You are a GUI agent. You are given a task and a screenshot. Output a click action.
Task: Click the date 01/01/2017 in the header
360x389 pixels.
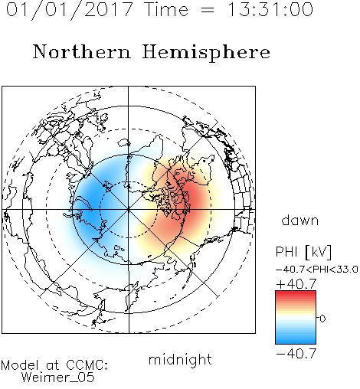point(70,9)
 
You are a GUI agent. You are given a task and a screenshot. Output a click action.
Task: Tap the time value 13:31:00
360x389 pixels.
point(270,9)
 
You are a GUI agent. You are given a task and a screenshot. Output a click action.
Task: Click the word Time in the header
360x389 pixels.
point(166,9)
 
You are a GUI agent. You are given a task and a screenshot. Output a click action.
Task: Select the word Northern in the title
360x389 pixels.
point(82,52)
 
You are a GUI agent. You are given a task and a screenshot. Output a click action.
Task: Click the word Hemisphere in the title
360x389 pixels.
point(206,53)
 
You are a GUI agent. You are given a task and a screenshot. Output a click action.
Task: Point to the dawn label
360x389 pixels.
point(300,221)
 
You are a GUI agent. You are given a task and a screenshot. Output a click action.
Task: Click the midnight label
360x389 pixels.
point(180,360)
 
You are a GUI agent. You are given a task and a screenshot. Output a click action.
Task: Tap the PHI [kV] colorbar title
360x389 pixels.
point(303,252)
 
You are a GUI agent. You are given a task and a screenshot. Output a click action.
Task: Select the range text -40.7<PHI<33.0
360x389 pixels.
point(317,270)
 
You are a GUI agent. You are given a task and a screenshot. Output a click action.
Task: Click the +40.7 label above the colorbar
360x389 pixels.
point(296,284)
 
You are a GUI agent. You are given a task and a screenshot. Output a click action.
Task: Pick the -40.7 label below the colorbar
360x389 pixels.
point(296,354)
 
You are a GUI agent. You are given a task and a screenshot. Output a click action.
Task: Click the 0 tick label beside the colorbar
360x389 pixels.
point(322,319)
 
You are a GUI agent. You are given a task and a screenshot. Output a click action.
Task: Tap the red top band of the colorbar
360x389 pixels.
point(296,294)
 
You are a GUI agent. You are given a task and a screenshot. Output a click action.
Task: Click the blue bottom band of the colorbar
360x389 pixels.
point(296,340)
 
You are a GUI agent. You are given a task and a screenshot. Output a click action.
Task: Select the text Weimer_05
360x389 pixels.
point(58,378)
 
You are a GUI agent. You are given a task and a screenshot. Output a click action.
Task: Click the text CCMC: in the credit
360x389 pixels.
point(87,365)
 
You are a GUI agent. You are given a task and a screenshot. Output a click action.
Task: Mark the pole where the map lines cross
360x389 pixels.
point(129,210)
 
